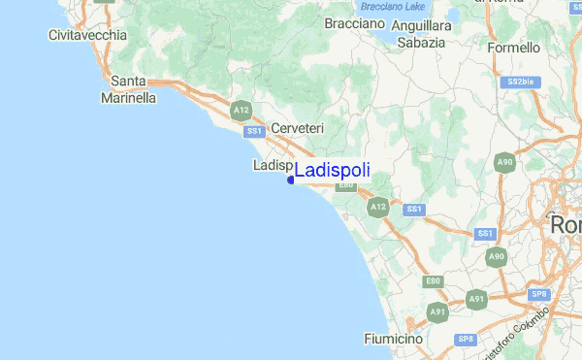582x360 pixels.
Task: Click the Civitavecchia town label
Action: tap(87, 35)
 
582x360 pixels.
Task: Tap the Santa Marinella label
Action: tap(128, 89)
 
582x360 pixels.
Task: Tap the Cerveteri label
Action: tap(297, 128)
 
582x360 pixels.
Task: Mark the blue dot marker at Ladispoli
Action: tap(291, 180)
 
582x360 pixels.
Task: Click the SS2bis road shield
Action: tap(521, 82)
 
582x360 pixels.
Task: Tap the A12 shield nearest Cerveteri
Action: tap(242, 113)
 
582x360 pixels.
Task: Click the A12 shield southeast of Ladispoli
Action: tap(378, 207)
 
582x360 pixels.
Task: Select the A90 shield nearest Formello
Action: tap(503, 163)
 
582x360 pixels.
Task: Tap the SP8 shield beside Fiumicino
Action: tap(466, 339)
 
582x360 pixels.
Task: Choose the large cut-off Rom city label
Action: tap(566, 224)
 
